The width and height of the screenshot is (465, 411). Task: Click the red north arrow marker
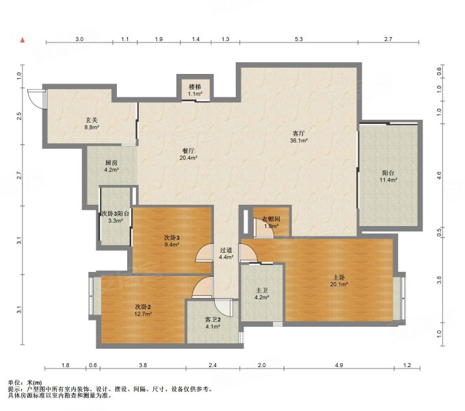coord(23,40)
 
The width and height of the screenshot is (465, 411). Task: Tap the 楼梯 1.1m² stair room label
coord(195,90)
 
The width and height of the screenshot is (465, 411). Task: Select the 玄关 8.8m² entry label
coord(92,123)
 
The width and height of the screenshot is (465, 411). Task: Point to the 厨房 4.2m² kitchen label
coord(111,166)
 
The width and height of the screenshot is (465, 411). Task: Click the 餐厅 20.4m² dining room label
coord(188,154)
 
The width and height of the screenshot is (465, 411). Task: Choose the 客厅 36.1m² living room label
coord(298,136)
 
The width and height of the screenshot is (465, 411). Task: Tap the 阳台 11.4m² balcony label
coord(388,176)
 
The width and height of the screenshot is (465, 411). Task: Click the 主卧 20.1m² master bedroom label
coord(338,281)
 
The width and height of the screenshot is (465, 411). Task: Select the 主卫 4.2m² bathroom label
coord(261,293)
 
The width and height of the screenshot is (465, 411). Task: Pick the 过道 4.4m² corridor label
coord(226,253)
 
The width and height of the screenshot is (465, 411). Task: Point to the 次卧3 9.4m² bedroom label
coord(172,241)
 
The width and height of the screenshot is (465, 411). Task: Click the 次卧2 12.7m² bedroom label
coord(144,310)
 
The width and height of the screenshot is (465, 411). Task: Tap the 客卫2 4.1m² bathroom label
coord(213,323)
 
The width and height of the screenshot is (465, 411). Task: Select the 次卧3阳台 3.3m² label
coord(116,216)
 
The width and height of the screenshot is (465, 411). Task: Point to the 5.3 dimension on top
coord(299,39)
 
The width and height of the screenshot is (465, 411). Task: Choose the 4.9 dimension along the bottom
coord(338,365)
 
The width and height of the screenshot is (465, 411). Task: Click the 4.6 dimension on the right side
coord(439,175)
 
